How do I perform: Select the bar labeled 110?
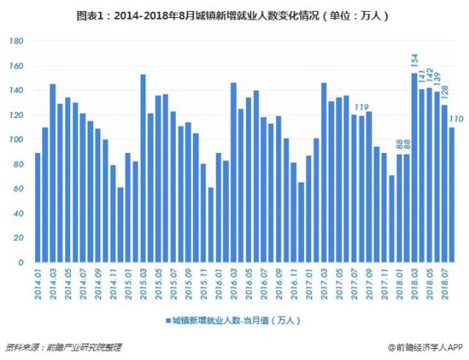451,195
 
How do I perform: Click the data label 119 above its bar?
361,108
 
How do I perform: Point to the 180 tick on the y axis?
18,41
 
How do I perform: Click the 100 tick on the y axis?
18,140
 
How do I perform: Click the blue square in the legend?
167,320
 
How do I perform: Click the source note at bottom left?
63,347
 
